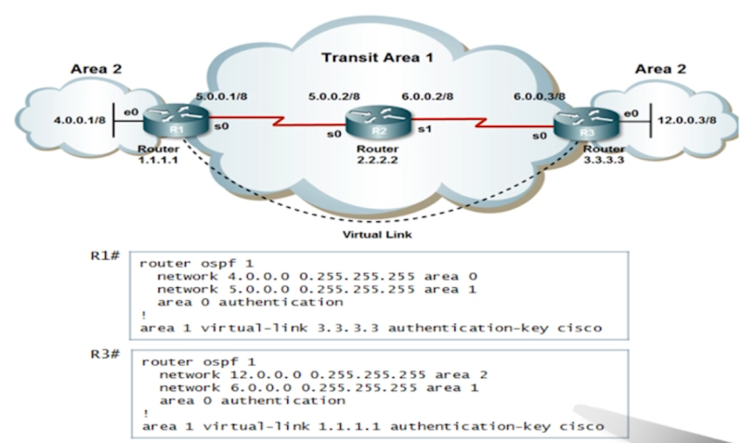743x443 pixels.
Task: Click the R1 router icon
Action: click(166, 122)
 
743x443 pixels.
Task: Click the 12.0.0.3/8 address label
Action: click(685, 121)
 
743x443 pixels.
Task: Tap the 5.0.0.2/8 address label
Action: click(334, 96)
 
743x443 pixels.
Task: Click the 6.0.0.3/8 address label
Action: click(539, 96)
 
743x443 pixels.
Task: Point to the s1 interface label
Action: click(423, 129)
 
